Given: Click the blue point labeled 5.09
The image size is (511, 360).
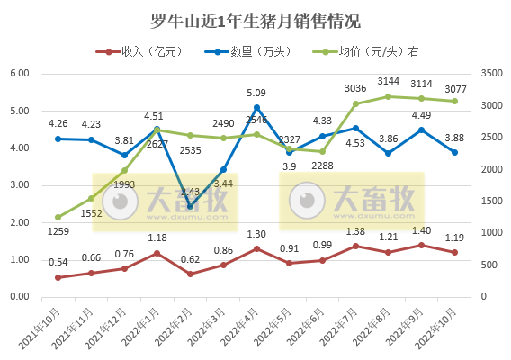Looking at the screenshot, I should pyautogui.click(x=256, y=108).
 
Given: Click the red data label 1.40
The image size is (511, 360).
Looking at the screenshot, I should pyautogui.click(x=422, y=230).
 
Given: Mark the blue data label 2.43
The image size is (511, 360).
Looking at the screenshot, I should pyautogui.click(x=191, y=192).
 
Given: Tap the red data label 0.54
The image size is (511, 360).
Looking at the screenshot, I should pyautogui.click(x=58, y=261).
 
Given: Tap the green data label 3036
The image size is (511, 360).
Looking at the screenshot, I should pyautogui.click(x=356, y=87).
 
